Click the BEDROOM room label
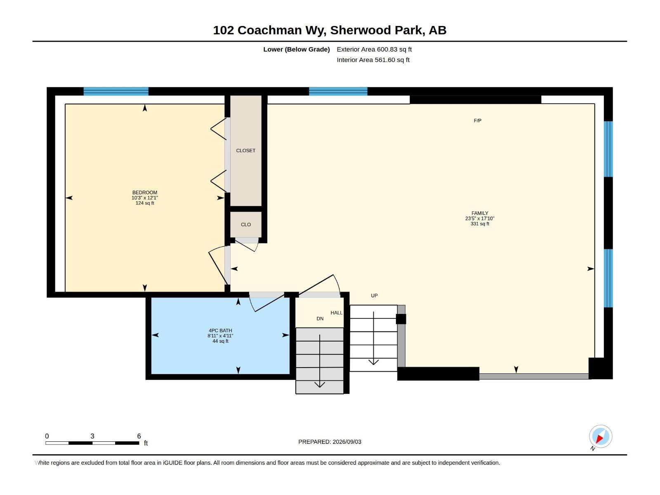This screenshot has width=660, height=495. [x=145, y=192]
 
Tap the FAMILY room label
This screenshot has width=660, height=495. [x=480, y=213]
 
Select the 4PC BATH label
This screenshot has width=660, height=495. [x=220, y=330]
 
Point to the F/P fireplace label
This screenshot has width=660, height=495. [x=478, y=120]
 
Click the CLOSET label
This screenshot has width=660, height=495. [x=246, y=151]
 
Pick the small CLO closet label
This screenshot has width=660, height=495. [x=246, y=224]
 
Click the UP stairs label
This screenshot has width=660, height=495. [x=374, y=295]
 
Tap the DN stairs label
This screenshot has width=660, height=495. [x=320, y=318]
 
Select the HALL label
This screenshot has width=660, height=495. [x=337, y=313]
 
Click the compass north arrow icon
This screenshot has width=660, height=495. [x=600, y=437]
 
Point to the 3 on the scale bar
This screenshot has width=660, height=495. [x=92, y=436]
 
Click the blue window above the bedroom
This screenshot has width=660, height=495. [x=116, y=91]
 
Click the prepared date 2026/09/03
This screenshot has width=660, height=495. [x=346, y=442]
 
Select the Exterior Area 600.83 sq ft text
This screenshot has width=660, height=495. [x=374, y=49]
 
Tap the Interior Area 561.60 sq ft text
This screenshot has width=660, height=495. [x=373, y=60]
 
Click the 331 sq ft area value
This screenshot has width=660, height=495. [x=480, y=224]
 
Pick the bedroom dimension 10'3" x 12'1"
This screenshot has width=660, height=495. [x=145, y=198]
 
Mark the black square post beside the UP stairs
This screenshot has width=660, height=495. [x=401, y=319]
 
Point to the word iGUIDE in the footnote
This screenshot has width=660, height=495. [x=172, y=463]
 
